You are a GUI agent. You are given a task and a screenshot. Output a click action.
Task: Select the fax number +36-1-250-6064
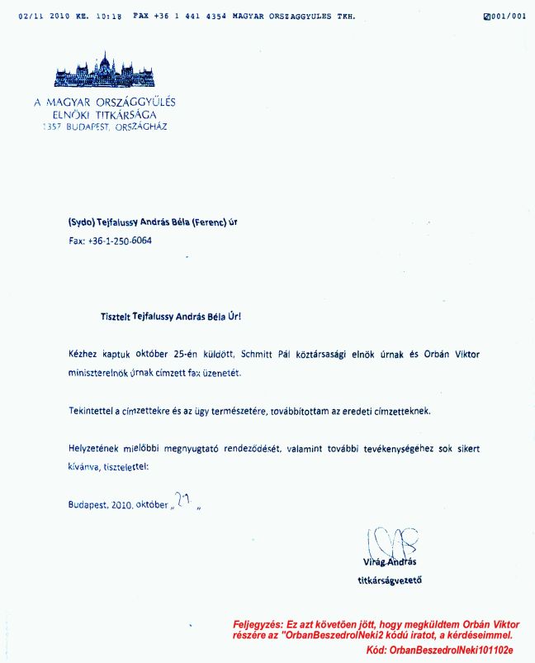coord(119,241)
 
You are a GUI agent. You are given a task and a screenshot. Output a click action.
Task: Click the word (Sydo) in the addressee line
coord(82,222)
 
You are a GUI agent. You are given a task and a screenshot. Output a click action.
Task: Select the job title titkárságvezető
coord(383,580)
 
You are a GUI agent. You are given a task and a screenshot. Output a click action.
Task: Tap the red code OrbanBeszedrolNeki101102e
coord(452,651)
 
